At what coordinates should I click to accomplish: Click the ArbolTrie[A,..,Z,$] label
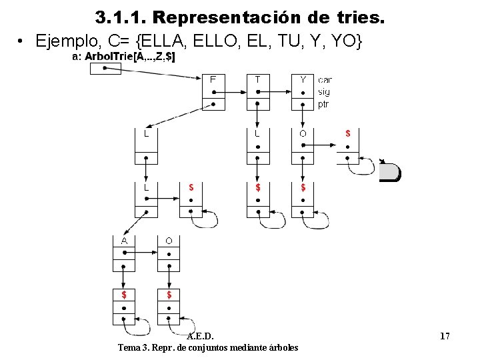click(x=130, y=57)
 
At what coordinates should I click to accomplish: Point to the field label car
click(x=325, y=80)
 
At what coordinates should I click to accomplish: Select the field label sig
click(x=323, y=92)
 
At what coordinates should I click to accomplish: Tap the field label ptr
click(x=323, y=104)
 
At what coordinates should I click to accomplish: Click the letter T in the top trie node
click(x=258, y=79)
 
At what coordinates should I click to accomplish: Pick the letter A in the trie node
click(x=124, y=240)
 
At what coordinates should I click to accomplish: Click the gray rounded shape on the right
click(x=391, y=173)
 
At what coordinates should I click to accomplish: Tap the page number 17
click(x=445, y=336)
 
